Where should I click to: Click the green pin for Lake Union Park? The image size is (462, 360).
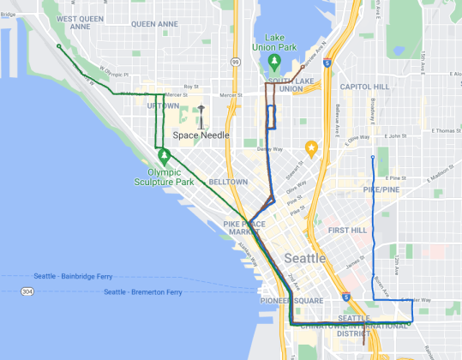click(x=274, y=63)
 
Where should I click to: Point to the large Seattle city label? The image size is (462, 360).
click(x=304, y=258)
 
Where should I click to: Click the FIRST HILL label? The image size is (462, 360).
click(x=347, y=231)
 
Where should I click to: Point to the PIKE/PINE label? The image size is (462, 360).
click(x=382, y=188)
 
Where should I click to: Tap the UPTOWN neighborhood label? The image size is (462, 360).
click(x=163, y=105)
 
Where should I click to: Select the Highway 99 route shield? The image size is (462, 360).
click(x=235, y=62)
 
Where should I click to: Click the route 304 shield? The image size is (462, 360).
click(x=28, y=292)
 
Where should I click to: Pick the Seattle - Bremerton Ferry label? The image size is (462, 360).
click(x=142, y=292)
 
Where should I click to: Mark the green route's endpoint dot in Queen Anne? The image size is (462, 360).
click(x=58, y=46)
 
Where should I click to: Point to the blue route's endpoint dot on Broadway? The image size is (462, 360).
click(x=372, y=158)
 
